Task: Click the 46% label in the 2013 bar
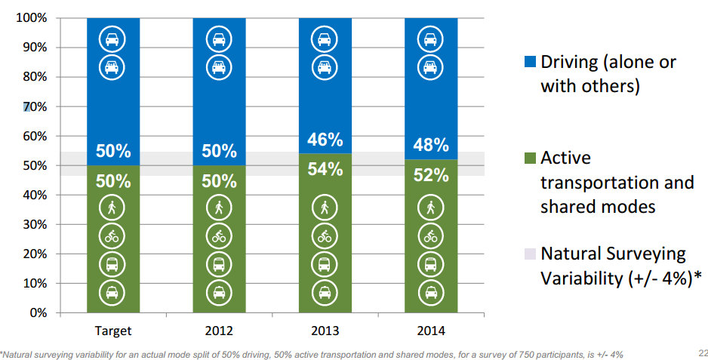(x=325, y=140)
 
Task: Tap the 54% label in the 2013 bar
(x=325, y=170)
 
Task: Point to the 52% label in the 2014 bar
(x=431, y=175)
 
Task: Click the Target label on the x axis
(x=113, y=331)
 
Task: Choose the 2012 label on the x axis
(x=219, y=331)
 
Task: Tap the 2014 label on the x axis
(x=431, y=331)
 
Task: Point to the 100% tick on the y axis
(x=31, y=17)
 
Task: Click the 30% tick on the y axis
(x=34, y=224)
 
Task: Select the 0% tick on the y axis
(x=37, y=312)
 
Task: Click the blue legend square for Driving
(x=528, y=63)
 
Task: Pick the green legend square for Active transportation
(x=528, y=158)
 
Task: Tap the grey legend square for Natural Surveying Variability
(x=528, y=254)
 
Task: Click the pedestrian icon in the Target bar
(x=112, y=208)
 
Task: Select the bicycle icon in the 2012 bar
(x=219, y=236)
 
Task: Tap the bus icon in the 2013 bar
(x=325, y=265)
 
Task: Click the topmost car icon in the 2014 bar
(x=431, y=39)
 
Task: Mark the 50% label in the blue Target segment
(x=112, y=151)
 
